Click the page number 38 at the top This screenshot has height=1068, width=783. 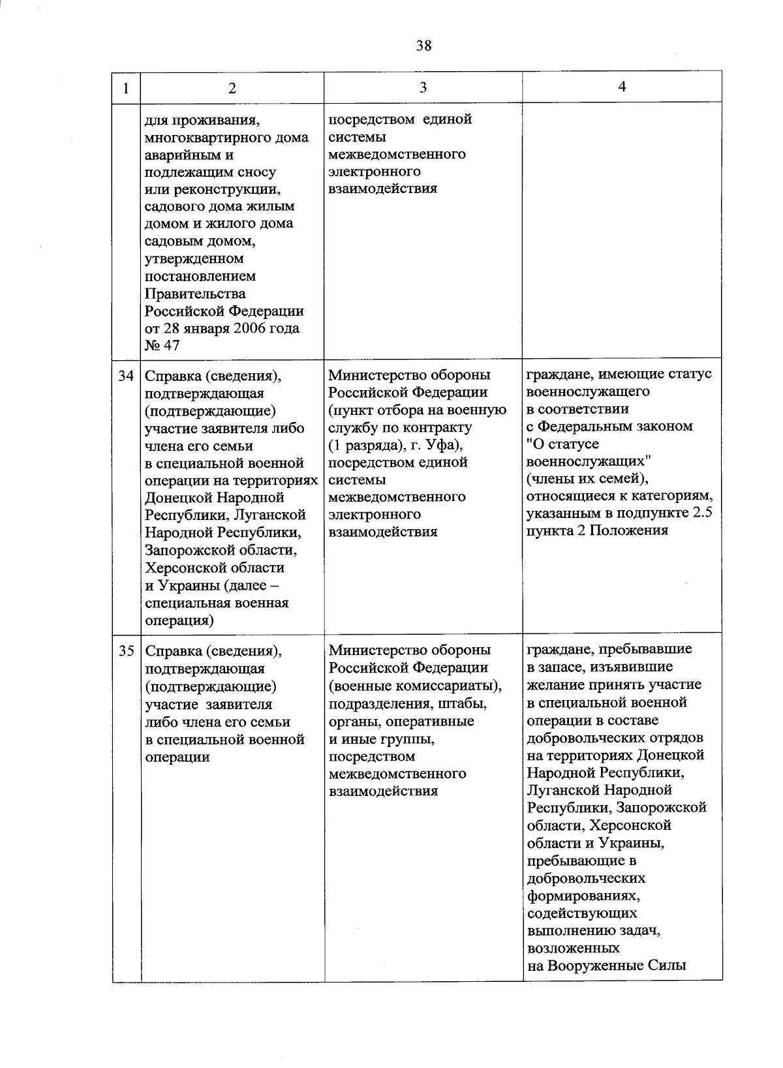click(x=423, y=45)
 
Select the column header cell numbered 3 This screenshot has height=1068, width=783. click(x=423, y=87)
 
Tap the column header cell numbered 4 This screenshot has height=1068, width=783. click(x=622, y=87)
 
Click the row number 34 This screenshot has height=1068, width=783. click(x=127, y=376)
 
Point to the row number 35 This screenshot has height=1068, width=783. click(x=127, y=651)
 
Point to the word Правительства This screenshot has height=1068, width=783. click(x=195, y=294)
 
